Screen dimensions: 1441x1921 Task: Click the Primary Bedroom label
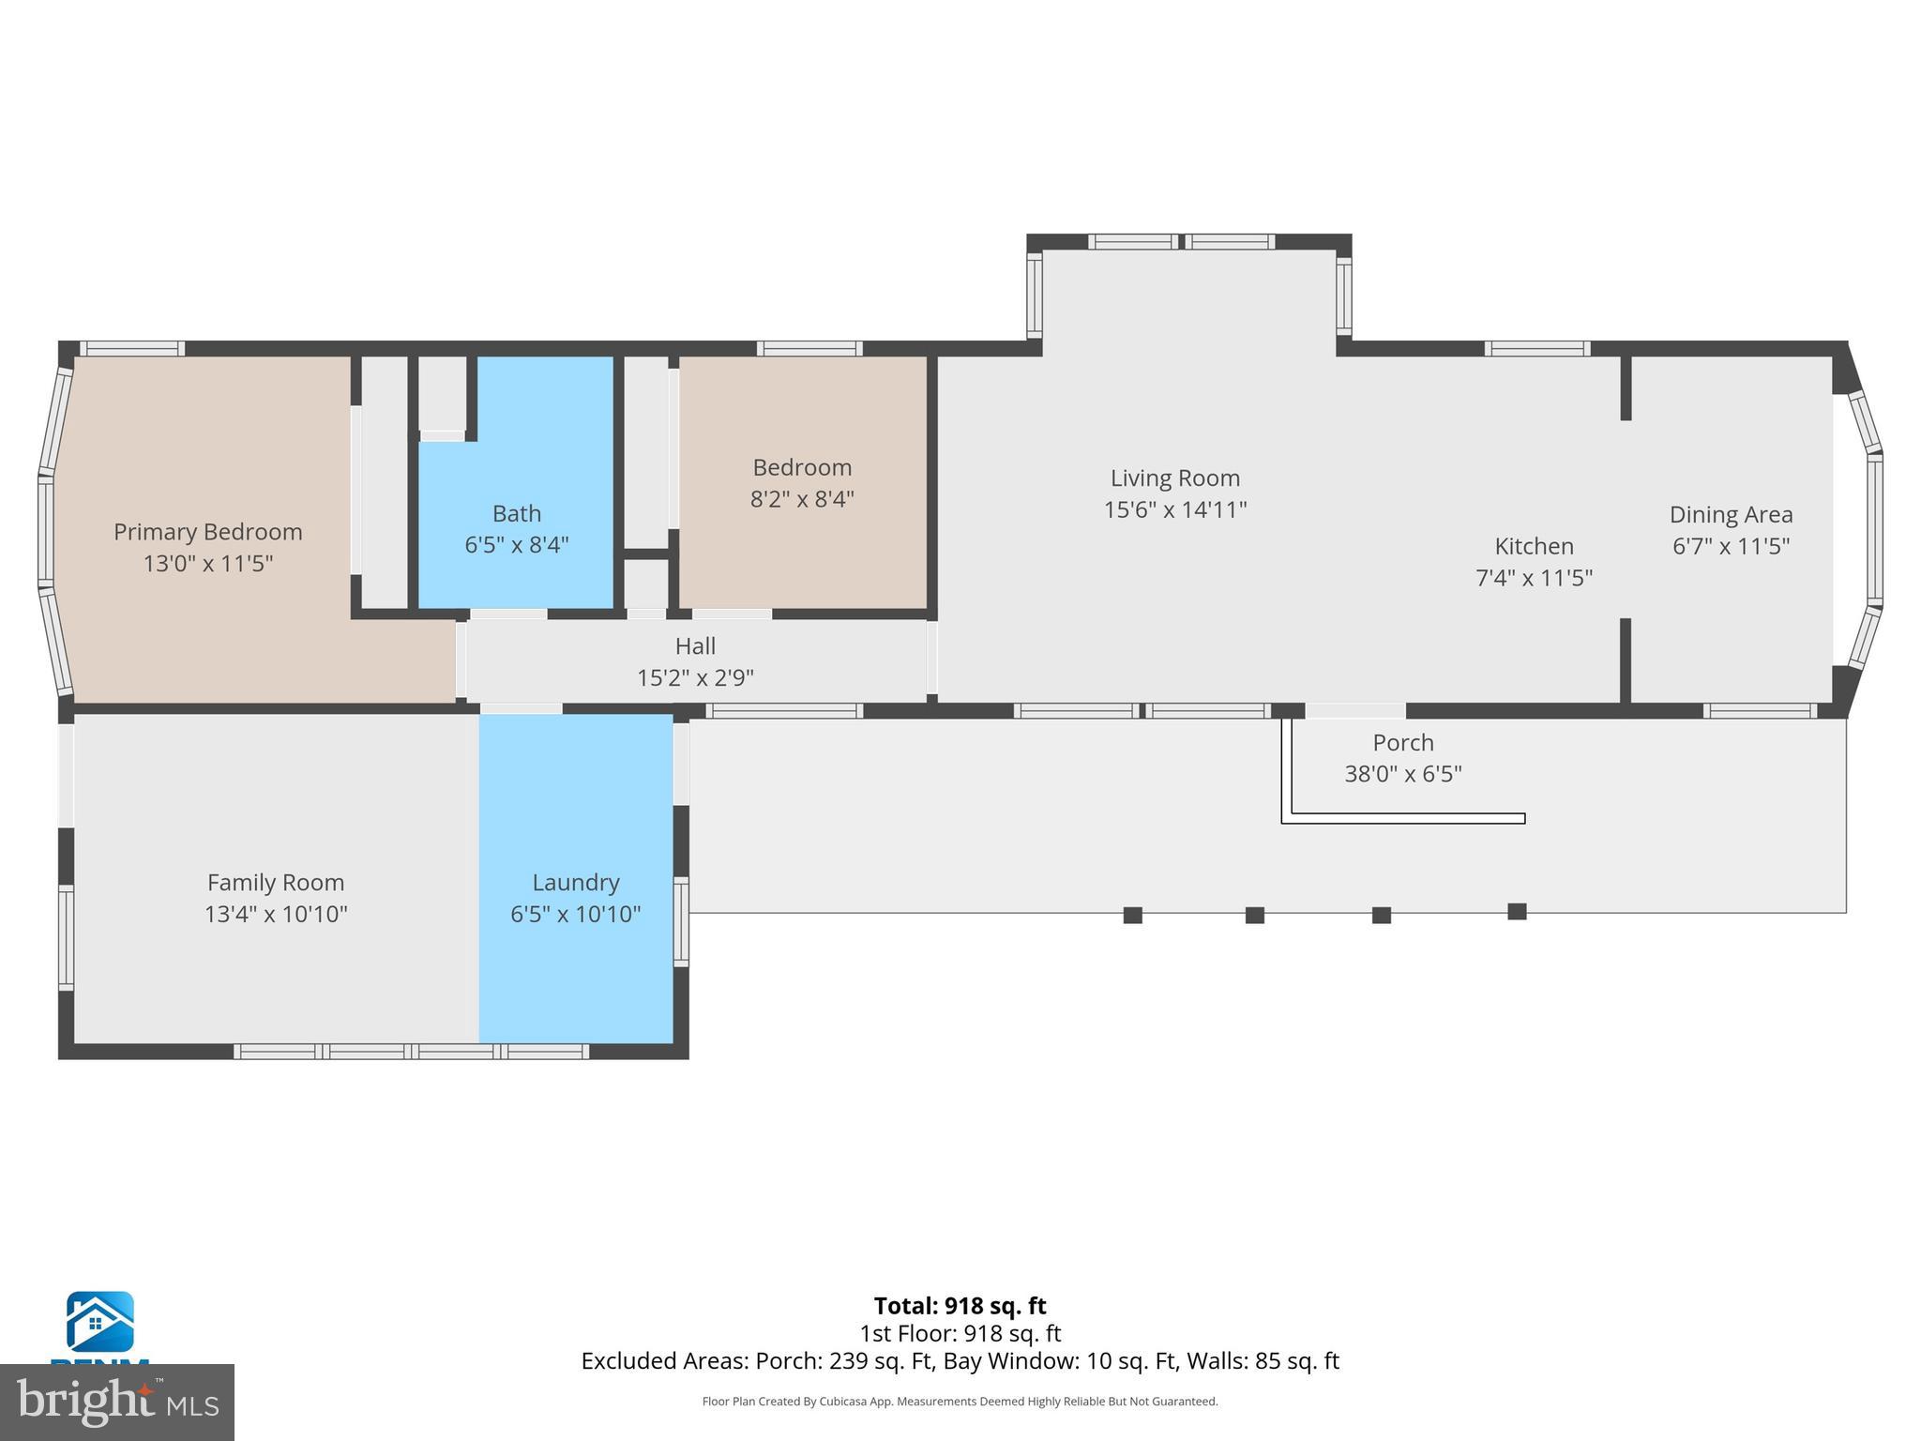[207, 532]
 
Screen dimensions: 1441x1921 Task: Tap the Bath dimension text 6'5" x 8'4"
[517, 545]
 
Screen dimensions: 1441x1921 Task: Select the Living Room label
[1174, 478]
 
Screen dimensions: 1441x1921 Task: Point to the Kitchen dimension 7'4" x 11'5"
[1534, 578]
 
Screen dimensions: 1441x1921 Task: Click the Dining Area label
[1731, 515]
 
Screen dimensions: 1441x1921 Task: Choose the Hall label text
[695, 646]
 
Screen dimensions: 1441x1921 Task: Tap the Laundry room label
[575, 883]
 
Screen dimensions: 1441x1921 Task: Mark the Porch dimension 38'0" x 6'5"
[1402, 774]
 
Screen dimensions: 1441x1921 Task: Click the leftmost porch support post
[1132, 916]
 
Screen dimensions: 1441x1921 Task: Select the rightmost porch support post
[1517, 912]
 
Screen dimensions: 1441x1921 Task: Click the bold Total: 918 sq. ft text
[960, 1306]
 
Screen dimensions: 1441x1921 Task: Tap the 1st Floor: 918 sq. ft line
[960, 1333]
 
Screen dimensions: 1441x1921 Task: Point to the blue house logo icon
[99, 1322]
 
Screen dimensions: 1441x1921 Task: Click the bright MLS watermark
[116, 1402]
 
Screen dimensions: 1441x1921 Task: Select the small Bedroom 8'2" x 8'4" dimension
[802, 499]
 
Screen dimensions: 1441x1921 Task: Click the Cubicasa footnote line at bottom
[960, 1402]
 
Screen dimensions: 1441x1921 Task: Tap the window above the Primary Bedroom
[131, 349]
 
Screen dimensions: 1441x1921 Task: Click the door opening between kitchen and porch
[1354, 711]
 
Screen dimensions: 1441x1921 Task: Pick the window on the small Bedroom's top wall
[809, 349]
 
